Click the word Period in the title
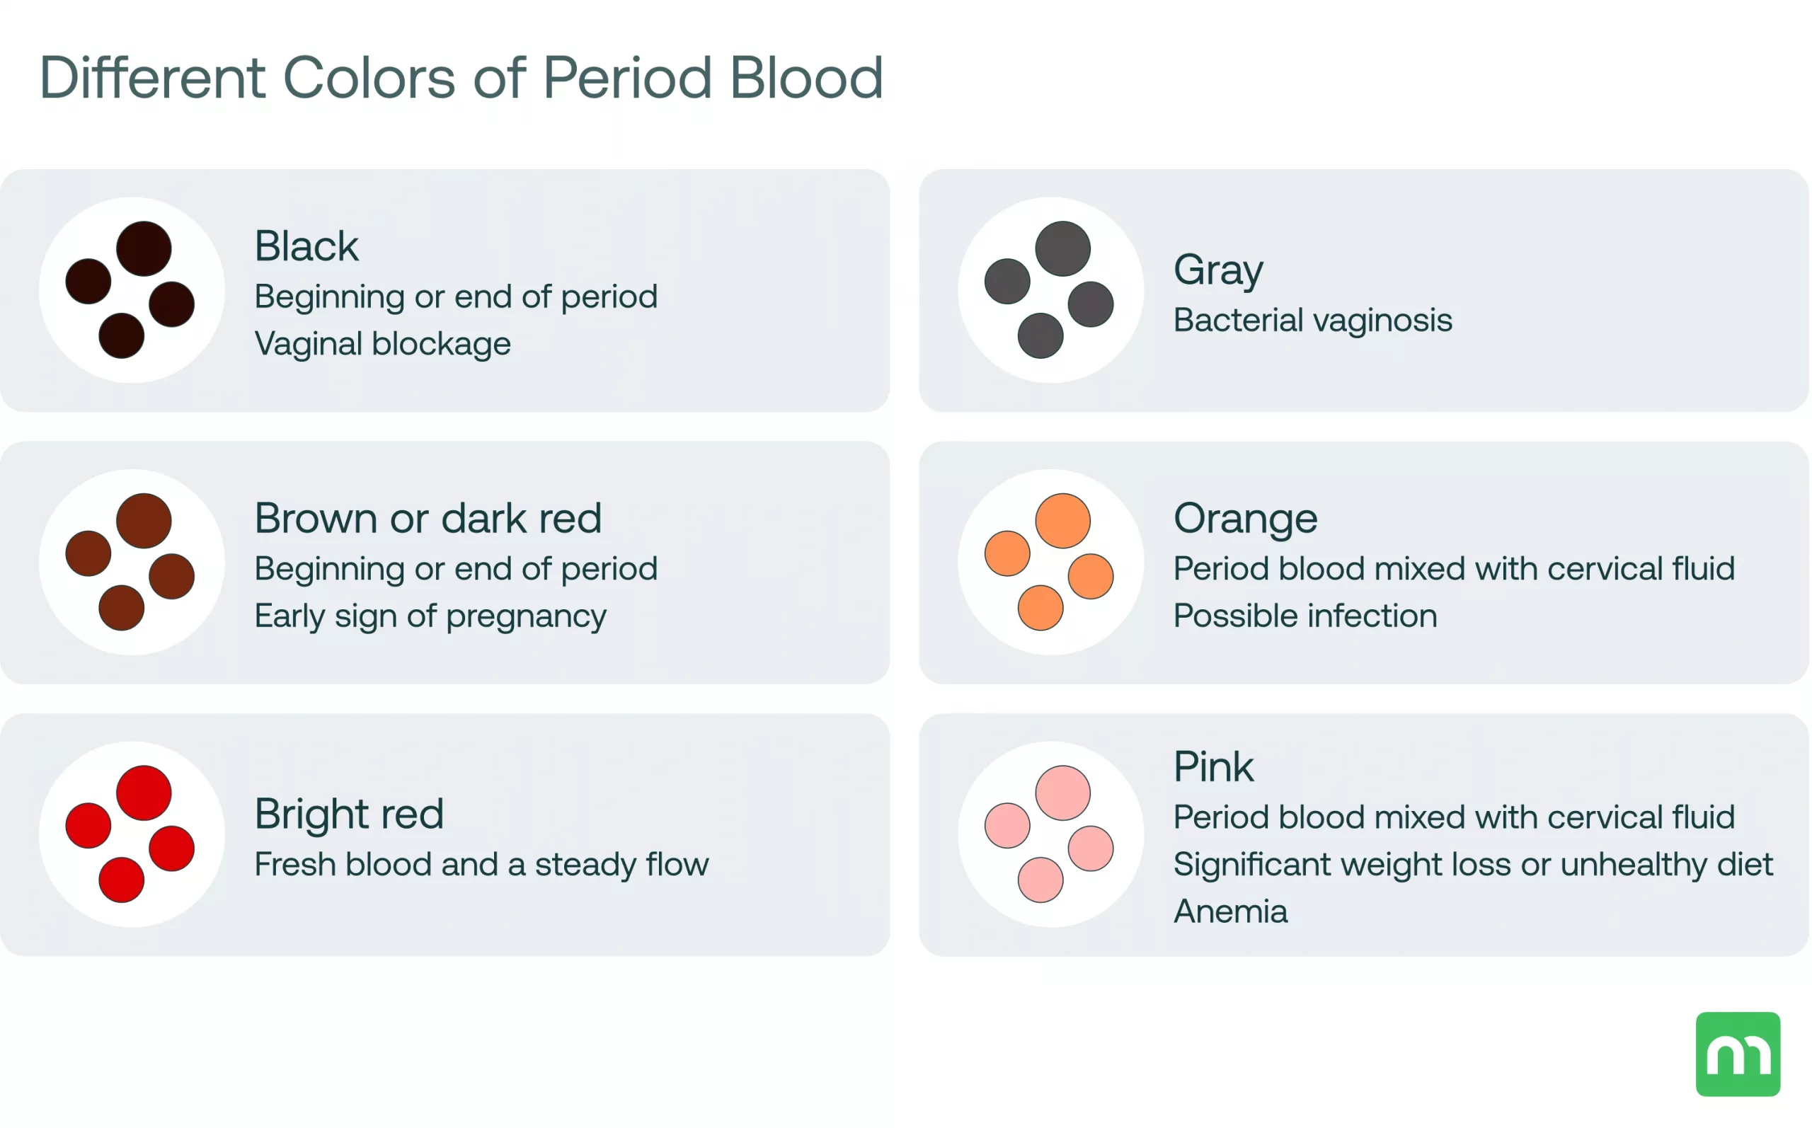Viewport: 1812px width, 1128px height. point(626,78)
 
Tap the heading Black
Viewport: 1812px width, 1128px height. point(306,246)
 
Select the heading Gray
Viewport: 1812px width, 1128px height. point(1217,270)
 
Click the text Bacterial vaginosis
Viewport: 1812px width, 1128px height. point(1312,320)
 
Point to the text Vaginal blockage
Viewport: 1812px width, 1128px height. point(383,344)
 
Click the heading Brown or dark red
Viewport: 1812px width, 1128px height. point(428,518)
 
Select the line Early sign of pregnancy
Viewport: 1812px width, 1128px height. point(430,616)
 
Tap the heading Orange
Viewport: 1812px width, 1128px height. point(1245,518)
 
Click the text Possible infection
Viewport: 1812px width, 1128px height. point(1304,616)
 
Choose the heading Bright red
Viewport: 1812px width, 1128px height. point(349,813)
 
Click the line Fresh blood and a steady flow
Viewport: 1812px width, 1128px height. point(481,864)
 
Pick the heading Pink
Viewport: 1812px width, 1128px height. point(1213,766)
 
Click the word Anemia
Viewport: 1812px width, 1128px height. point(1230,911)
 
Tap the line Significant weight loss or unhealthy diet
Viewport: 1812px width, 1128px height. point(1472,864)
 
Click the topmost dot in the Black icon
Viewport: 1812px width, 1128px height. point(144,248)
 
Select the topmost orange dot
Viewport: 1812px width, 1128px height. point(1062,521)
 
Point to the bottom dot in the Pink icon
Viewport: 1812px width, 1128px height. point(1040,880)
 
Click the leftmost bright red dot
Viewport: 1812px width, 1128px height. point(88,825)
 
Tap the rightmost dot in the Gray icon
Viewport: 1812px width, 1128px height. point(1090,304)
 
